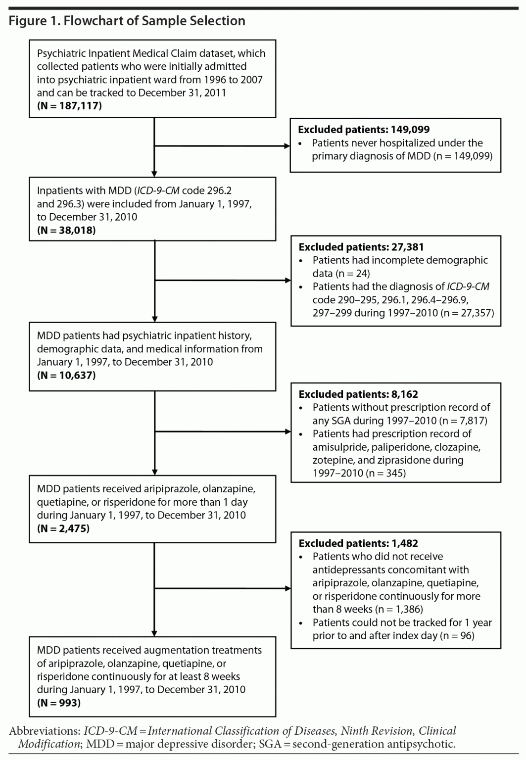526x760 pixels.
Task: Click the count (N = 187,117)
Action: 69,105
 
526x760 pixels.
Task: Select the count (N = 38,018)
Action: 66,230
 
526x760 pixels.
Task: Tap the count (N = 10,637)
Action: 66,375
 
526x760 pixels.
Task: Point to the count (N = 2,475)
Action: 63,528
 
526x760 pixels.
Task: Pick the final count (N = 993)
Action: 58,702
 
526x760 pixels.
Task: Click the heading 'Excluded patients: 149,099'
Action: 364,130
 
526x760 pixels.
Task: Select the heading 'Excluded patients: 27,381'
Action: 361,247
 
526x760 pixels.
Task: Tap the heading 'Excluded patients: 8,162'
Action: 358,394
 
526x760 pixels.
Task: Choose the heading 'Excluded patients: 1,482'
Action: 358,543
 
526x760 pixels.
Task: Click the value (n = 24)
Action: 353,273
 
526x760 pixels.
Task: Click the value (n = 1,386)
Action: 399,609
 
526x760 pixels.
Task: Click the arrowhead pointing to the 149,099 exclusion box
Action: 287,146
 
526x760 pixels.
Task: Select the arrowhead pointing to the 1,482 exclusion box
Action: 288,589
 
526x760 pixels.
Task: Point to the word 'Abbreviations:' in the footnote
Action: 45,731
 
